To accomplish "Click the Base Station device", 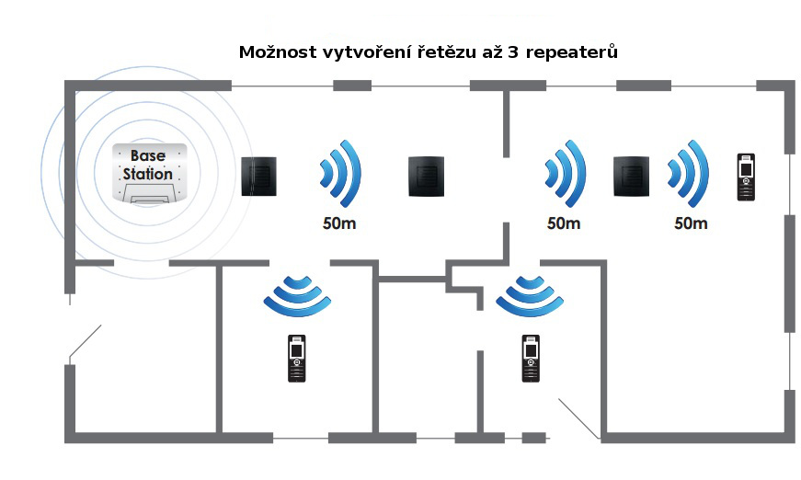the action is coord(149,173).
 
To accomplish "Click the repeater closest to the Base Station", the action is coord(259,177).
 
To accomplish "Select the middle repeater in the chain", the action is coord(426,177).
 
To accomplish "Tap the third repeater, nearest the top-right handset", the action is coord(632,177).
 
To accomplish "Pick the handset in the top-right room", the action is coord(747,177).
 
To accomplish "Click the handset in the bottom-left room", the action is coord(297,359).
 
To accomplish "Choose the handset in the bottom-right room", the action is coord(531,359).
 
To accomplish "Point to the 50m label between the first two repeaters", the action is coord(339,223).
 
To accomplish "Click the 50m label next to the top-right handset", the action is coord(691,223).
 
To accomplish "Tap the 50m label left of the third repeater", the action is coord(564,223).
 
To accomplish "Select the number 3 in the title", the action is coord(512,52).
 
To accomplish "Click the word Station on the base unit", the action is coord(148,174).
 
